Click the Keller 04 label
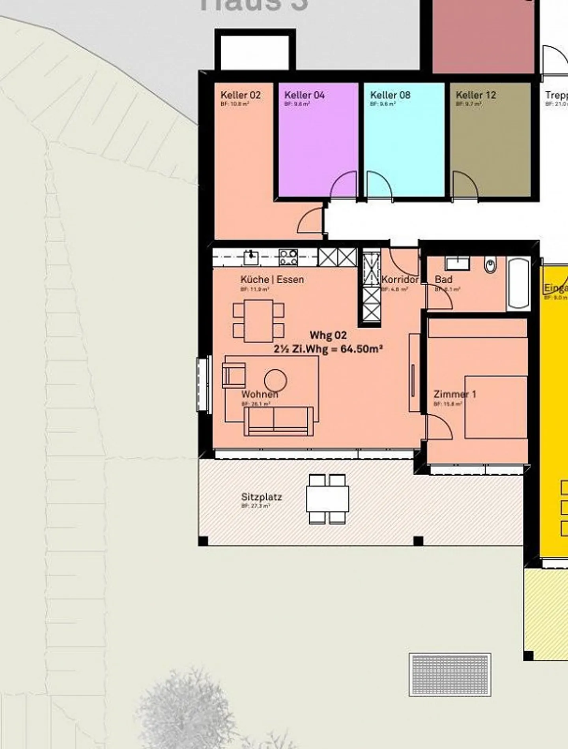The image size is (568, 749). pos(304,95)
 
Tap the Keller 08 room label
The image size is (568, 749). pos(390,95)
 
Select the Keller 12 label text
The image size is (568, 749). pos(476,95)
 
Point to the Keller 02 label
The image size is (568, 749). pos(240,95)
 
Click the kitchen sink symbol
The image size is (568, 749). pos(251,258)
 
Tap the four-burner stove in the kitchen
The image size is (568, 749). pos(288,258)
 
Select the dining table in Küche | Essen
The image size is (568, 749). pos(258,320)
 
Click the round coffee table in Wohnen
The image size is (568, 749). pos(275,380)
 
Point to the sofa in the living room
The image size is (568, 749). pos(278,421)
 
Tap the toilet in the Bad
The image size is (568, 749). pos(490,265)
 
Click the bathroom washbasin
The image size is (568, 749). pos(457,263)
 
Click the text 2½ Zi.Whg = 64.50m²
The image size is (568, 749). pos(328,349)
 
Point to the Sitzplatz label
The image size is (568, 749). pos(261,497)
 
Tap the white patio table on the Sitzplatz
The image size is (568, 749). pos(327,499)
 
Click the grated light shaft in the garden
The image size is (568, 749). pos(450,674)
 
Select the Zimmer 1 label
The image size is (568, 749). pos(454,394)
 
